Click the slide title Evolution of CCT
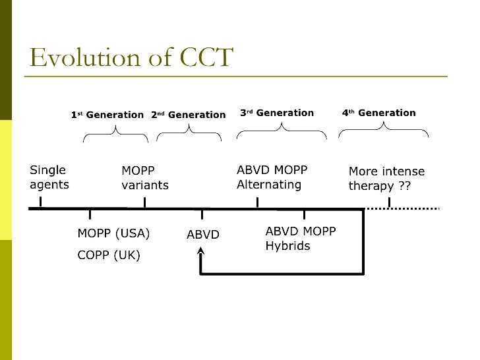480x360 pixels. [x=131, y=58]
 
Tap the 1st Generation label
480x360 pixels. [x=107, y=115]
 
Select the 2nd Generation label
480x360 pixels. [x=188, y=115]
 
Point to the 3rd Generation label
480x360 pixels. [x=276, y=113]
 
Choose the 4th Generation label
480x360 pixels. [x=378, y=113]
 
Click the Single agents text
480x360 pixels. [x=49, y=177]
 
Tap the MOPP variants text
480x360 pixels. [x=145, y=178]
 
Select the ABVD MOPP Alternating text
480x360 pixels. [x=272, y=177]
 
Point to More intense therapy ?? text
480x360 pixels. [x=386, y=179]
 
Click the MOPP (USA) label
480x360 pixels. [x=113, y=233]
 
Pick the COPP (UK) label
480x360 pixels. [x=109, y=255]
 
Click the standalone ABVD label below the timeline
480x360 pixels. [x=203, y=235]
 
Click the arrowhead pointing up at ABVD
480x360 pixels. [x=200, y=251]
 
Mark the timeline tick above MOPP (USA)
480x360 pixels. [x=90, y=214]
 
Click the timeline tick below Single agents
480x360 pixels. [x=41, y=202]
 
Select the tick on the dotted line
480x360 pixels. [x=389, y=202]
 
